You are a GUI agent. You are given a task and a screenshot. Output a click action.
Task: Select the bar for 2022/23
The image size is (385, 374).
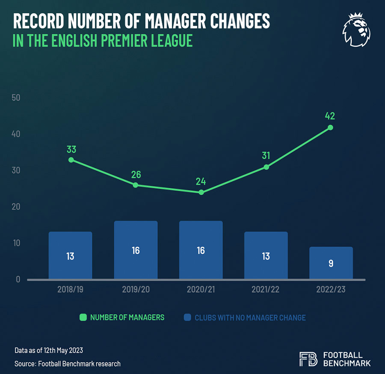point(331,263)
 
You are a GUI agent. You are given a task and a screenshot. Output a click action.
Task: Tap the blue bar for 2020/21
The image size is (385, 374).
point(201,250)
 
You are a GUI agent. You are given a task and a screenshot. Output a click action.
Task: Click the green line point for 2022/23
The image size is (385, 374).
point(330,128)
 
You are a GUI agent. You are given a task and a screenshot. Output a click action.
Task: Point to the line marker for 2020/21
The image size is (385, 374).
point(201,192)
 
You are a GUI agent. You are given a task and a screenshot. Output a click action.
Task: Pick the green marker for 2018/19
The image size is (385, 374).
point(71,160)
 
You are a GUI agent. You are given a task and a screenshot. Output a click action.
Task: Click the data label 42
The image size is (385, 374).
point(330,116)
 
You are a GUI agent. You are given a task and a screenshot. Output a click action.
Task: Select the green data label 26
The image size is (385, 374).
point(136,175)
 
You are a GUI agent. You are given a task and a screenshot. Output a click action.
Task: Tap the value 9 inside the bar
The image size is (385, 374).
point(331,264)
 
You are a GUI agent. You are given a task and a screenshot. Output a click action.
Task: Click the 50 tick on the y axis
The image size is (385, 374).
point(16,98)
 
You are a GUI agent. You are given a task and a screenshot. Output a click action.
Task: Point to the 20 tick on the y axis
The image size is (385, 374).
point(16,207)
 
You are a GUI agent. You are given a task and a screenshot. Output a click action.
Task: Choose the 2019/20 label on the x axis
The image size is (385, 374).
point(136,289)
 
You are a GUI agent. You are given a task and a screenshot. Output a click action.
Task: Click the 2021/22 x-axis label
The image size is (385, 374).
point(266,289)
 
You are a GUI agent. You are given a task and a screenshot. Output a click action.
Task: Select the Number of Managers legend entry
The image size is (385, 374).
point(122,318)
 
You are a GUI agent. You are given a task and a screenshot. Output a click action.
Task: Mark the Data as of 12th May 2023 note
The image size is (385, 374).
point(49,350)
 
